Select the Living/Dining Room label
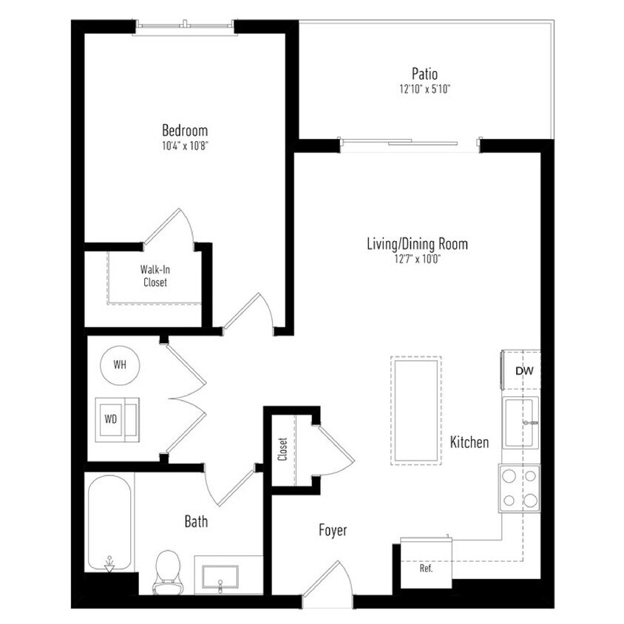coord(418,243)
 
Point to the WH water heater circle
coord(119,365)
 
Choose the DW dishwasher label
coord(523,371)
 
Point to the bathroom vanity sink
coord(220,576)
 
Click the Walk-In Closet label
coord(155,277)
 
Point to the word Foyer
coord(333,530)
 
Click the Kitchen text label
coord(469,443)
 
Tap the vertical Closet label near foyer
coord(282,449)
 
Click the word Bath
coord(196,522)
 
